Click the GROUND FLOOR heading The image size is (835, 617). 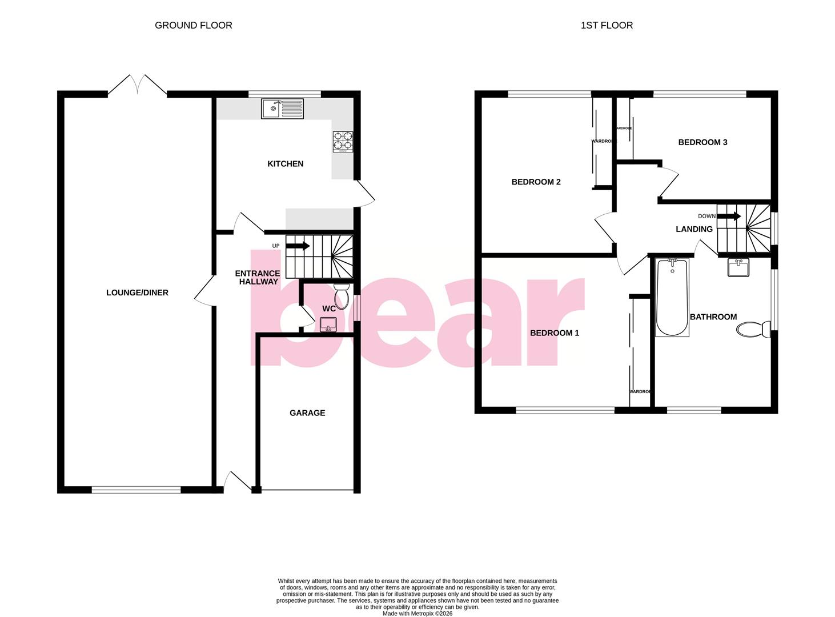point(193,25)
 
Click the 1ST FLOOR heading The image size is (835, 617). point(607,25)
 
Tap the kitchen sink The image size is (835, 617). point(282,109)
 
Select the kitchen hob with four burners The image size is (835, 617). point(343,142)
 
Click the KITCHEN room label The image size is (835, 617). point(285,164)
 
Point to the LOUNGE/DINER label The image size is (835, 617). point(137,293)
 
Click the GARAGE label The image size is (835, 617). point(307,412)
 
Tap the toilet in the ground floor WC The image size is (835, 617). point(342,294)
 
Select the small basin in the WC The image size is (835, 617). point(328,326)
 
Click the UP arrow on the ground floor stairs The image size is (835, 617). point(298,246)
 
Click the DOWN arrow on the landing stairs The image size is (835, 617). point(729,217)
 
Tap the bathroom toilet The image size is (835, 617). point(753,330)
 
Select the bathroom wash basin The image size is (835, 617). point(738,267)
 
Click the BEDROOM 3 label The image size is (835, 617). point(702,142)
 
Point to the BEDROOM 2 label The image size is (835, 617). point(536,182)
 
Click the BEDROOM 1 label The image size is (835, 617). point(554,333)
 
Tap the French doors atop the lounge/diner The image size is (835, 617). point(137,86)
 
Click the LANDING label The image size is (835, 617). point(694,229)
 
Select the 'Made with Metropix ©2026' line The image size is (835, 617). point(418,614)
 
